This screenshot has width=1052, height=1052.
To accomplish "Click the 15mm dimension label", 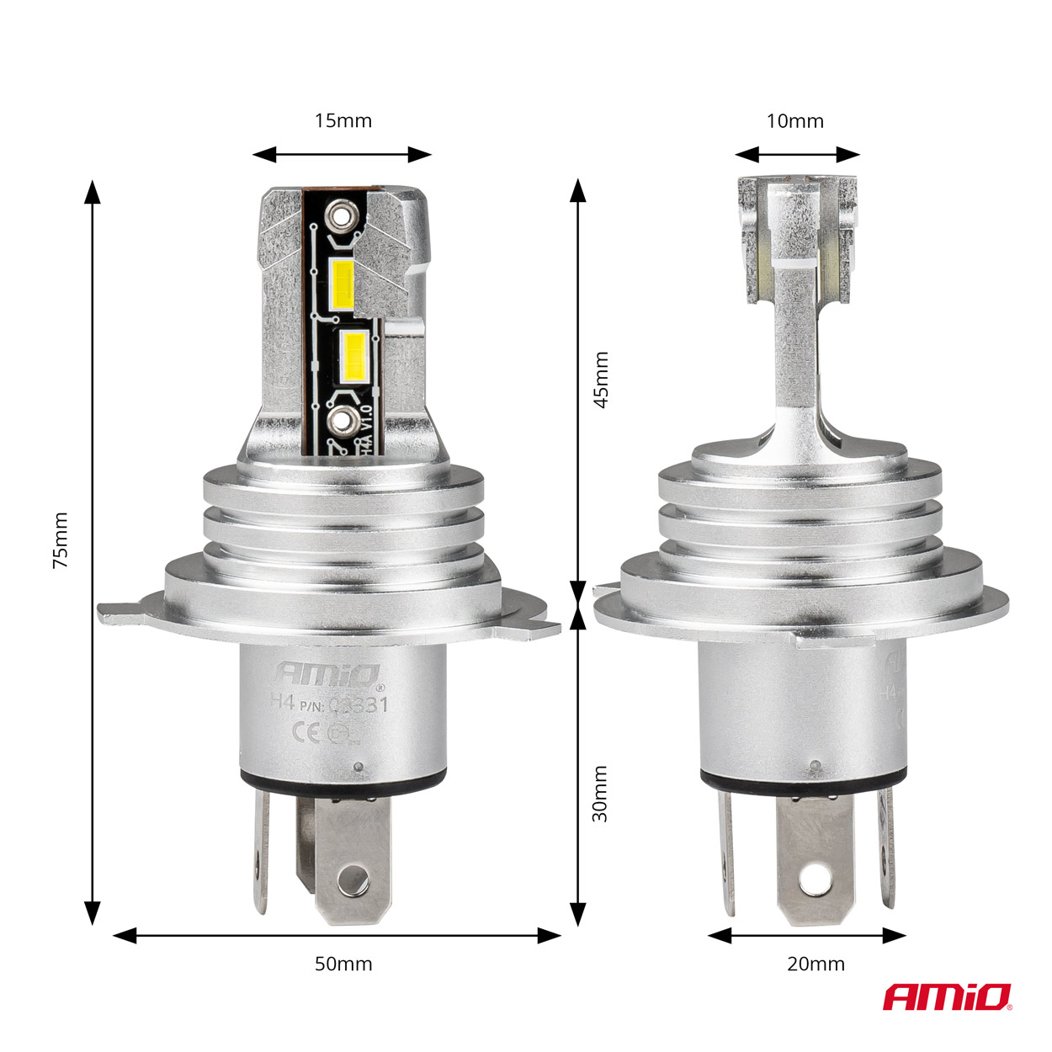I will tap(343, 120).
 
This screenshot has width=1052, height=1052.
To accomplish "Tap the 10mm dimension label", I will tap(794, 121).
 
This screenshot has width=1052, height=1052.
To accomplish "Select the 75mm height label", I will tap(61, 539).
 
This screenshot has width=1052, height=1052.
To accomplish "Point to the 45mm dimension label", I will tap(601, 380).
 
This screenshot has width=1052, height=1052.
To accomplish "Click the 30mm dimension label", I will tap(600, 794).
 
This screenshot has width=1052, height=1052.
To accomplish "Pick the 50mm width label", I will tap(343, 964).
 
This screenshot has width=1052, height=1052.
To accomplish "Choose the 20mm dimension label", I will tap(816, 964).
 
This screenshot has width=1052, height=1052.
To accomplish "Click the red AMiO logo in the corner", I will tap(947, 997).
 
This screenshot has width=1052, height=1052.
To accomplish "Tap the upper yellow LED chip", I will tap(345, 284).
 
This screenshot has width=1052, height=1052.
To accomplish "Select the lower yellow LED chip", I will tap(352, 355).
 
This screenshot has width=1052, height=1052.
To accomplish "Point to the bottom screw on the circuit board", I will tap(343, 421).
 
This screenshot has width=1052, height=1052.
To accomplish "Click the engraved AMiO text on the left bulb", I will tap(329, 674).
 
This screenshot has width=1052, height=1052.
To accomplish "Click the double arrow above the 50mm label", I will tap(337, 935).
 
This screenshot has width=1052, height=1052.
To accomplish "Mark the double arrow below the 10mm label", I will tap(797, 154).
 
